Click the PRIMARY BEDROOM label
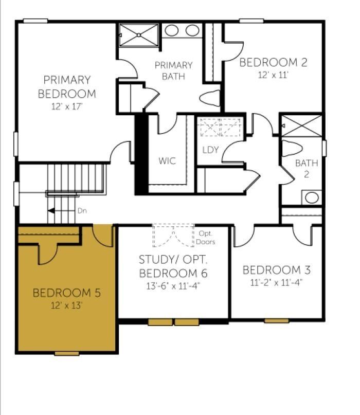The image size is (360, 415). [67, 87]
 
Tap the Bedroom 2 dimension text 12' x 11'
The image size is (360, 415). [273, 74]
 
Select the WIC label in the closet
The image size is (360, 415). [167, 161]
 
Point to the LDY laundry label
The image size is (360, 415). [210, 150]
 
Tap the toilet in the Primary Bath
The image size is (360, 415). [210, 98]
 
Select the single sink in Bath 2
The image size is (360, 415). [312, 197]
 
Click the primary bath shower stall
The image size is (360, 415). [139, 34]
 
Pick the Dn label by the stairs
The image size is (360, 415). [82, 210]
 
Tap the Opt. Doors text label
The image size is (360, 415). [206, 238]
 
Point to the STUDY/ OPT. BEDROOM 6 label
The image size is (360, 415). [173, 265]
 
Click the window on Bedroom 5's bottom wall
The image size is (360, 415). [67, 353]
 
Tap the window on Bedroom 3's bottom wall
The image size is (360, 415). [276, 321]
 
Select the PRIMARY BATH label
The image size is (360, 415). [173, 71]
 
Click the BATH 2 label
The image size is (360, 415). [307, 168]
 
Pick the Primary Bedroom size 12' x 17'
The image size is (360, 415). [67, 106]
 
